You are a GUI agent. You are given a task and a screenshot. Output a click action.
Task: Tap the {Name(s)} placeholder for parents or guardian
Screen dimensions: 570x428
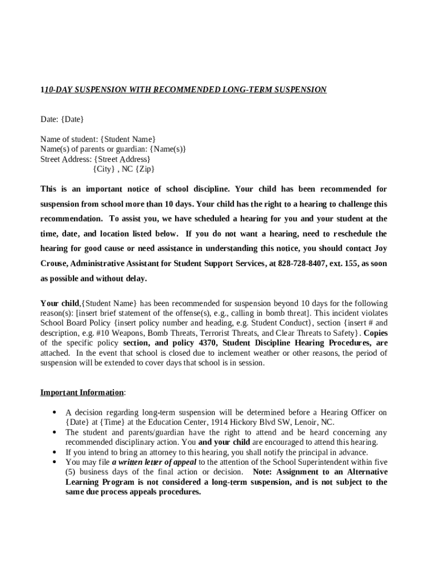167,149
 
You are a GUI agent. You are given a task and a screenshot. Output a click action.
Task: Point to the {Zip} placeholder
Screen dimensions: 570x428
145,169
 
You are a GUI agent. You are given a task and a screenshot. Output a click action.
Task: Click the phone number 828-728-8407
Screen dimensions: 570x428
302,263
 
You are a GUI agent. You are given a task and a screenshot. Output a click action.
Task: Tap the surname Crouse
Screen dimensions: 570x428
54,263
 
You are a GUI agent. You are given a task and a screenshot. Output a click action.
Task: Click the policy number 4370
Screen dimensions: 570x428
208,343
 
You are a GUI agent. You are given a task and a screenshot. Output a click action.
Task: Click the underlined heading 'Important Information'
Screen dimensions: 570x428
82,392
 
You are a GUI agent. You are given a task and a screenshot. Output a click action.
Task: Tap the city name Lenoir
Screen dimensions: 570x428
306,422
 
